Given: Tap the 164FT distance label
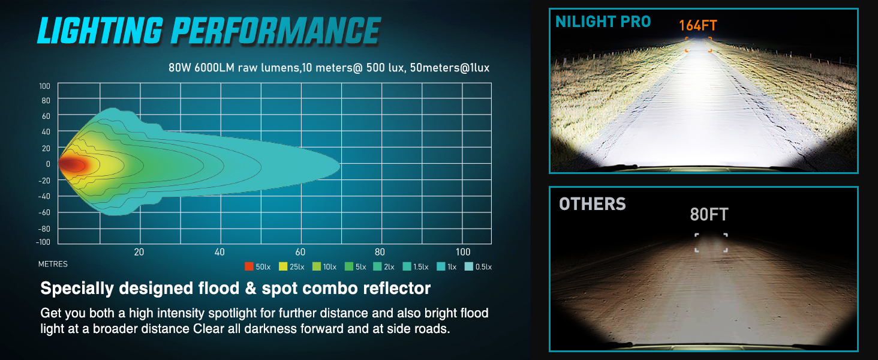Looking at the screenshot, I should pos(698,26).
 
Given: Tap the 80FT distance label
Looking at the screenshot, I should pos(709,214).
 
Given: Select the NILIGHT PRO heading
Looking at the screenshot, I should pos(603,22).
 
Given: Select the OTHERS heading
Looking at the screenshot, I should pos(593,205).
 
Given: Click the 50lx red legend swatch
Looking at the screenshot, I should pos(249,266).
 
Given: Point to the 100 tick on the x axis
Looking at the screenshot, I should pos(463,252).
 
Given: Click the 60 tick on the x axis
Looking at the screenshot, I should pos(300,252).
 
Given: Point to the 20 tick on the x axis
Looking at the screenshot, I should pos(139,252).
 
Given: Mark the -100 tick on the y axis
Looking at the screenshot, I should pos(44,242).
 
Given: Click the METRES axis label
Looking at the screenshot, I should pos(53,264).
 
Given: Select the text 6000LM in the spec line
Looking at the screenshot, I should pos(212,68).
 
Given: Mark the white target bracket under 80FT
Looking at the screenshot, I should pos(711,242).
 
